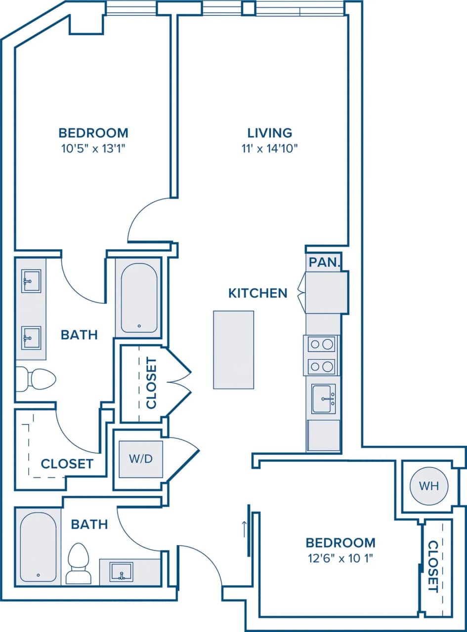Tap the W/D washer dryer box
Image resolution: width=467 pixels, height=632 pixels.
[141, 459]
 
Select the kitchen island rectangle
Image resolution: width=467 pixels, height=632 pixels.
[233, 350]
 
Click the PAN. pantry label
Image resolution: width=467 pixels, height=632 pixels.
[324, 262]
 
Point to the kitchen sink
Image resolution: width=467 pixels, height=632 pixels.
[323, 398]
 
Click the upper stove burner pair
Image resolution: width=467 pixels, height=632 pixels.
[321, 344]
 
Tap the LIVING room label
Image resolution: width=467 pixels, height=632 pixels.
[270, 133]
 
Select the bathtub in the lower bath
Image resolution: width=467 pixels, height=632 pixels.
[38, 547]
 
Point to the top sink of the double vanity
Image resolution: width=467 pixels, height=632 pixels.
[31, 281]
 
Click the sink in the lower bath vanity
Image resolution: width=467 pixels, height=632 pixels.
[121, 572]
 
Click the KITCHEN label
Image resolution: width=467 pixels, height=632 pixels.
[257, 293]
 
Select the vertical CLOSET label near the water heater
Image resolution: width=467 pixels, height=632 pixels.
[433, 566]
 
